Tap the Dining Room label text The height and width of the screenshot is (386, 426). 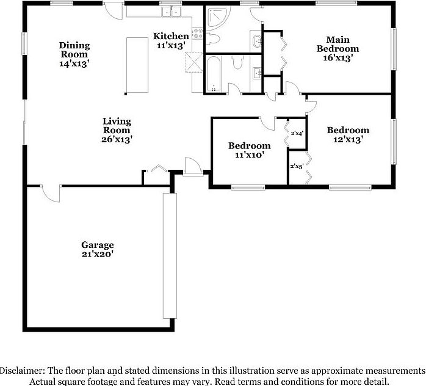coord(74,54)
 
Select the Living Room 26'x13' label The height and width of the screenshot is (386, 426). coord(117,130)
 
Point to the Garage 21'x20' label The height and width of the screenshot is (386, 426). coord(98,249)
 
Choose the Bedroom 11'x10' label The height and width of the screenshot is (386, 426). coord(249,150)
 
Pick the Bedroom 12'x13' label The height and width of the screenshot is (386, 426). coord(348,134)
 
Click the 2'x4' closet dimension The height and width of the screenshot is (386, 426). coord(297,133)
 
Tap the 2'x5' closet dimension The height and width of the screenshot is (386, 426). coord(297,166)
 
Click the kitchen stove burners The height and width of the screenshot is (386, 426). coord(197,35)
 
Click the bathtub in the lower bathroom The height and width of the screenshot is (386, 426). coord(213,75)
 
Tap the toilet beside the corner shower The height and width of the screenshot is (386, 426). coord(213,39)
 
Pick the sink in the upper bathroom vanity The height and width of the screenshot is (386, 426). coord(257,41)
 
